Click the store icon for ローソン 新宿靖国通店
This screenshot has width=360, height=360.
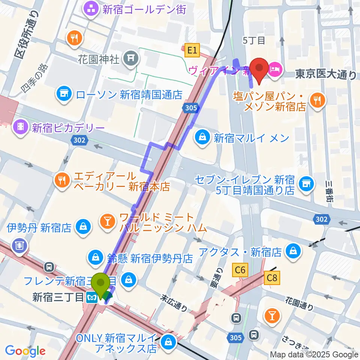pyautogui.click(x=64, y=94)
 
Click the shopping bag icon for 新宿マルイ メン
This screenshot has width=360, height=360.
pyautogui.click(x=202, y=138)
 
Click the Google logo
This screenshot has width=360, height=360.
pyautogui.click(x=25, y=351)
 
